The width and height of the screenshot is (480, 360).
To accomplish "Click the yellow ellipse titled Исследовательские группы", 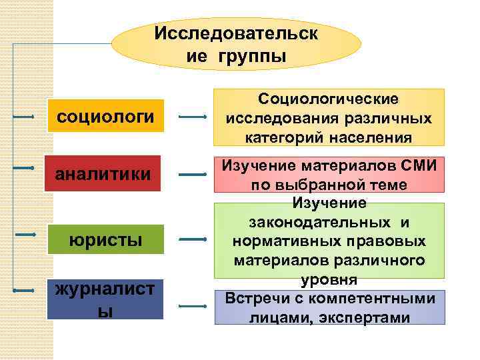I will coord(236,44).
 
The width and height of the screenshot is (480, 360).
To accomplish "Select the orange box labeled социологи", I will coord(106,117).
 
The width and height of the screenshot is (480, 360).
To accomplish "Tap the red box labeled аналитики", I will coord(103,173).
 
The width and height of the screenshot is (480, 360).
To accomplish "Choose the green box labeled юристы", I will coord(106,238).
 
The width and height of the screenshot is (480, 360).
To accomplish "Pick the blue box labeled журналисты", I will coord(106,299).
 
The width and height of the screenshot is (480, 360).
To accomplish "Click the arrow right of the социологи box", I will coord(193,118).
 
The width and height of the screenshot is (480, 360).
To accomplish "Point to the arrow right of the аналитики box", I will coord(193,175).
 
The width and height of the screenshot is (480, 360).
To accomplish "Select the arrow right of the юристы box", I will coord(193,238).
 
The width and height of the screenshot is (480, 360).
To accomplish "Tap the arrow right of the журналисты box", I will coord(193,307).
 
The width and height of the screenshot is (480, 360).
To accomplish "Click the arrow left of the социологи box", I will coord(24,117).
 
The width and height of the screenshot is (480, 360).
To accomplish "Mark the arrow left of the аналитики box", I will coord(24,168).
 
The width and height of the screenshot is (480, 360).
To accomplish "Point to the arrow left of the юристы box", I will coord(25,235).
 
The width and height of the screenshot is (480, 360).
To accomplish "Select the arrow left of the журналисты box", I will coord(24,291).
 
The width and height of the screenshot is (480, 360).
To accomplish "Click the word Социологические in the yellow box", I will coord(329,99).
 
